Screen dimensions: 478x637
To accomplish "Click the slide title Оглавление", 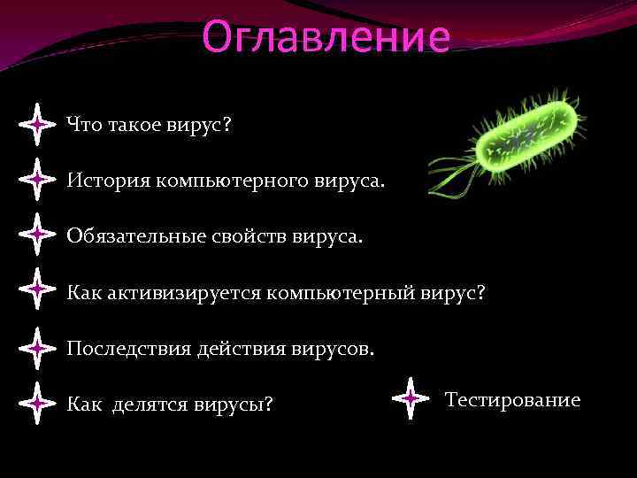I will point(326,37).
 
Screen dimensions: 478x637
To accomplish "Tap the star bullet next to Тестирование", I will point(411,399).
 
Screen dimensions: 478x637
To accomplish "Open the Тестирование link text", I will point(513,400).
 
